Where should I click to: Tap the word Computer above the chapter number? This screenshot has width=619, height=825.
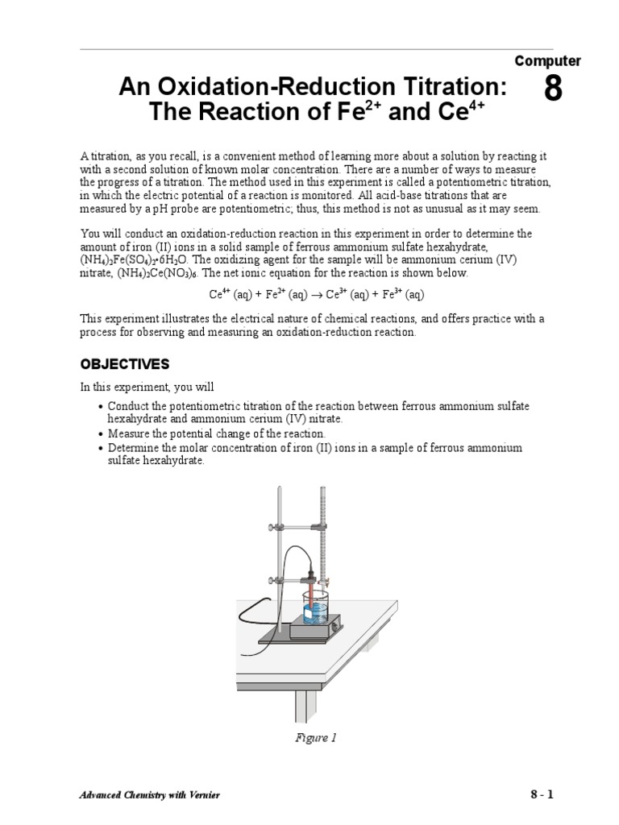pyautogui.click(x=547, y=61)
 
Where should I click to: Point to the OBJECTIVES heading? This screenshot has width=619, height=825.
pyautogui.click(x=124, y=364)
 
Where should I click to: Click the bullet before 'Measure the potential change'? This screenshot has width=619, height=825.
pyautogui.click(x=100, y=433)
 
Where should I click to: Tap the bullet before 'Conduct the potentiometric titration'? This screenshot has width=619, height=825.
pyautogui.click(x=100, y=407)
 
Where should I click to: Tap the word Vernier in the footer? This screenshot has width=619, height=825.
pyautogui.click(x=202, y=795)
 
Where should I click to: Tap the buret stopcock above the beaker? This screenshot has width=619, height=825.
pyautogui.click(x=324, y=581)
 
